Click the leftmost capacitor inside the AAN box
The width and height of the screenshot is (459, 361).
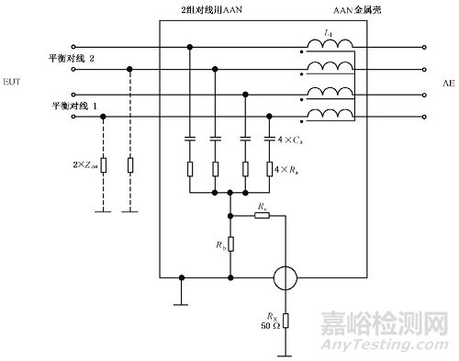(x=190, y=140)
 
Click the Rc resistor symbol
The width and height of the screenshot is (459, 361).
(x=263, y=216)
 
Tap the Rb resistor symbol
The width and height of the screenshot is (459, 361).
(x=229, y=244)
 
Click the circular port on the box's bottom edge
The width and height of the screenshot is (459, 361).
(x=285, y=276)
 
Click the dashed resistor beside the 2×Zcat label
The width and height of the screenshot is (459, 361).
(x=103, y=166)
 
